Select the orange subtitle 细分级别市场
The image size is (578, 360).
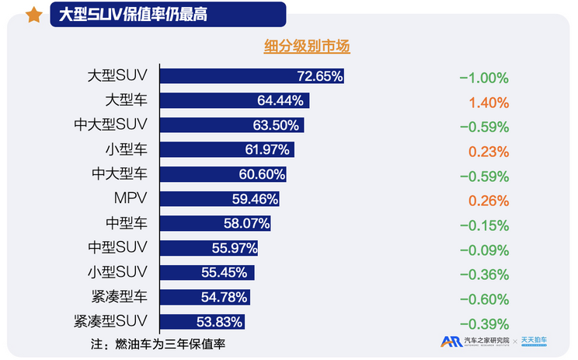click(307, 47)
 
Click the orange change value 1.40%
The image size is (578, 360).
click(489, 102)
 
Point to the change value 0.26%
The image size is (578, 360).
click(489, 200)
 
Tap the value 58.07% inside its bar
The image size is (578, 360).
click(246, 223)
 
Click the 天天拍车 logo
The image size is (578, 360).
click(538, 341)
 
